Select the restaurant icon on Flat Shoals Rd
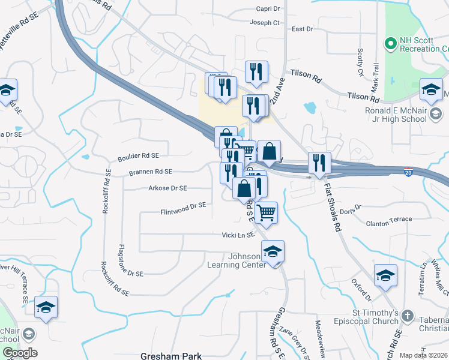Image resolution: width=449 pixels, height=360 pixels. tap(319, 163)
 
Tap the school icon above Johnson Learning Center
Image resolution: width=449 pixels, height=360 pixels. tap(273, 252)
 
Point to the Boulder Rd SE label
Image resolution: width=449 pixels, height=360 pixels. tap(139, 156)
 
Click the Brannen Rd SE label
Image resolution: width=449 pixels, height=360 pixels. tap(151, 172)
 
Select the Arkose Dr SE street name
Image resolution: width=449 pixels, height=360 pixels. tap(167, 188)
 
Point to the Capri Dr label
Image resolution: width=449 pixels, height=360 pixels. tap(268, 9)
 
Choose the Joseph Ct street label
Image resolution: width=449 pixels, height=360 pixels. tap(265, 23)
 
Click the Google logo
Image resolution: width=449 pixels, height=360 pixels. tap(20, 353)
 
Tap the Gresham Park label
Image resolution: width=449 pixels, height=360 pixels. tap(171, 356)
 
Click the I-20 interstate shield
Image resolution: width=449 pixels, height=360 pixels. tap(408, 172)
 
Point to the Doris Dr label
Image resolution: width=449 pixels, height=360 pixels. tap(351, 210)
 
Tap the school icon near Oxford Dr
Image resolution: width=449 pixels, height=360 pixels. tap(385, 276)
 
